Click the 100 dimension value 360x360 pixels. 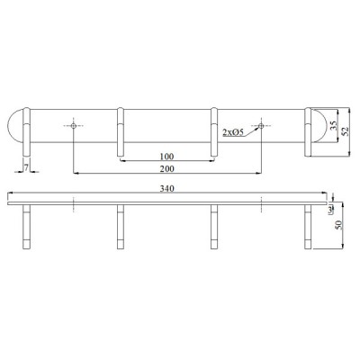click(x=166, y=156)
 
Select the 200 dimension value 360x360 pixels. click(x=166, y=168)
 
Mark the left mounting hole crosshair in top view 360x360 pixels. click(x=73, y=125)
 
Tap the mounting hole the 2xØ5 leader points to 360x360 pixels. click(x=262, y=125)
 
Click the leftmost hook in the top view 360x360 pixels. click(x=27, y=130)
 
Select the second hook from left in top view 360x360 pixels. click(x=120, y=130)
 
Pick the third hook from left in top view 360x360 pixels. click(x=214, y=130)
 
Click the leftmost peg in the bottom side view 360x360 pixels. click(x=27, y=227)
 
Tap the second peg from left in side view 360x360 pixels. click(x=120, y=227)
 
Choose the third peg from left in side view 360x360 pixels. click(x=214, y=227)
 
